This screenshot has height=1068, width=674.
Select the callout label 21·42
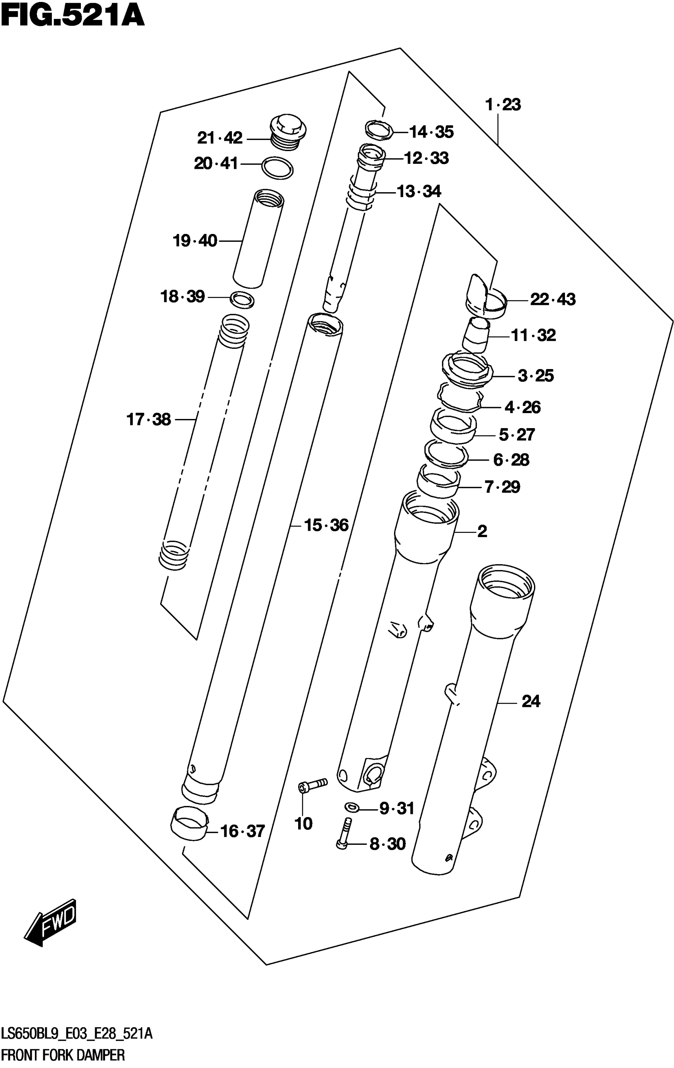click(x=220, y=138)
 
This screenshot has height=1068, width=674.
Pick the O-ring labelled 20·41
click(x=278, y=168)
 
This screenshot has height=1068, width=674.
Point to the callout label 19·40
click(x=195, y=241)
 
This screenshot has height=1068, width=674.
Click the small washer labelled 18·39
click(x=242, y=300)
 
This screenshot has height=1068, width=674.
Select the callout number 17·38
click(x=149, y=419)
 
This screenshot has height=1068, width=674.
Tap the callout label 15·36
click(x=326, y=525)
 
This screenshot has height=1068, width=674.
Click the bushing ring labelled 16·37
click(x=190, y=824)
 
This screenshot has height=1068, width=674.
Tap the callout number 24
click(x=531, y=701)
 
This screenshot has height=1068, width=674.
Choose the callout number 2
click(x=482, y=531)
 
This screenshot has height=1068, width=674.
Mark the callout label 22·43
click(x=553, y=299)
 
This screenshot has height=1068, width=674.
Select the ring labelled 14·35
click(x=379, y=130)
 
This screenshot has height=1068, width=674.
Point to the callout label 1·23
click(x=503, y=105)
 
